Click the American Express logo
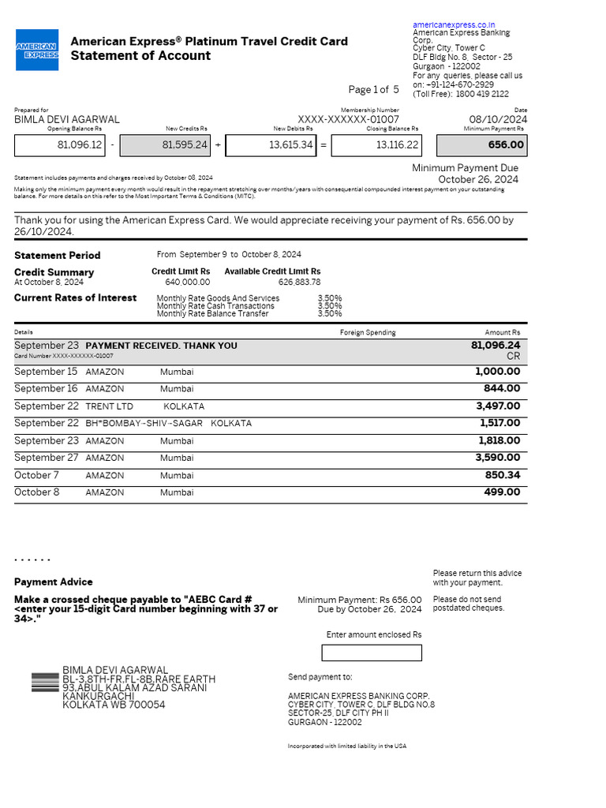tap(37, 50)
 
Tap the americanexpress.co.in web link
tap(454, 25)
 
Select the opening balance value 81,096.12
tap(80, 145)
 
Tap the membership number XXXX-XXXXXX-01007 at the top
tap(348, 120)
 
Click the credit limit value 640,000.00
tap(187, 282)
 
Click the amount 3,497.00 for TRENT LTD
tap(498, 406)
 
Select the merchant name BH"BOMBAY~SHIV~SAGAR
tap(144, 424)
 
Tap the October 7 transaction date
tap(37, 475)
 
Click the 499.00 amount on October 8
tap(502, 492)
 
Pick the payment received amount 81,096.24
tap(496, 346)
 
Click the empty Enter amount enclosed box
tap(372, 653)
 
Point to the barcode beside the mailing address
tap(45, 683)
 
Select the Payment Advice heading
tap(53, 582)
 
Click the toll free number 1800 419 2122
tap(482, 94)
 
